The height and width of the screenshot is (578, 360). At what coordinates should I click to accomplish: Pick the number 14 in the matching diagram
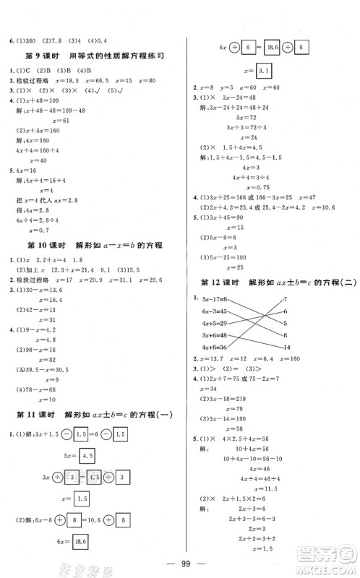click(x=287, y=347)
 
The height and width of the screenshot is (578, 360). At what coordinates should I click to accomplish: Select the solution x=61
click(x=53, y=119)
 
